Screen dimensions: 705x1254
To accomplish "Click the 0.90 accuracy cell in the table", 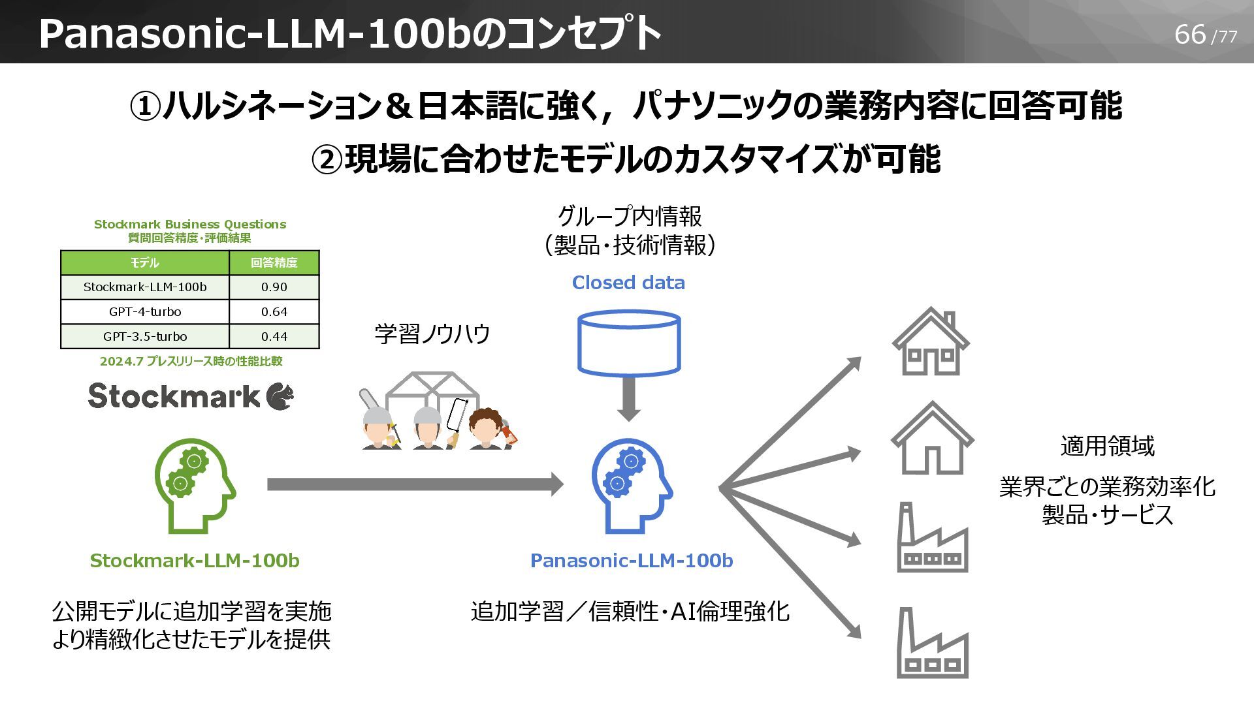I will [x=274, y=287].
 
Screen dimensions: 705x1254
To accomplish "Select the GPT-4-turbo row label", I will [x=145, y=312].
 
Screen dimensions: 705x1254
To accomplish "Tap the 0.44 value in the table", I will [x=274, y=337].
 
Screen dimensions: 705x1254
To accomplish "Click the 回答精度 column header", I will [x=274, y=262].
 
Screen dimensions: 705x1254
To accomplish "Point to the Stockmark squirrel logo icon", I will [x=280, y=396].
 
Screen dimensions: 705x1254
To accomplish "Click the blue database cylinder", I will [x=629, y=343].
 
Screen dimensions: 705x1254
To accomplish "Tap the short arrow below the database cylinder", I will [x=629, y=399].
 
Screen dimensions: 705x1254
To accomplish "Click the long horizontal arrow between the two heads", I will [x=415, y=484].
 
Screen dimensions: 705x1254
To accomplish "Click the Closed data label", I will [x=628, y=283].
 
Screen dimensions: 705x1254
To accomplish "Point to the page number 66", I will [x=1189, y=35].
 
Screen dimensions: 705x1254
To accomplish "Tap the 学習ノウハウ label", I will [x=432, y=334].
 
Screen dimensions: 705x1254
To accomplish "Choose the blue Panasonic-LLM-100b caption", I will [x=631, y=561].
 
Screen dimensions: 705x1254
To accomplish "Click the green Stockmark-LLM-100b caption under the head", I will [x=195, y=561].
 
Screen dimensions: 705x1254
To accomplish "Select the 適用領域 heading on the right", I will [x=1107, y=446].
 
